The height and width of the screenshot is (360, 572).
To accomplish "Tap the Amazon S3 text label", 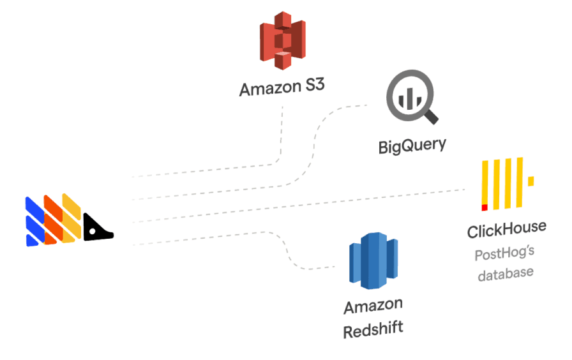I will click(282, 88).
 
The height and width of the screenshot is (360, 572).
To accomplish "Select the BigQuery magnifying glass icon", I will click(409, 97).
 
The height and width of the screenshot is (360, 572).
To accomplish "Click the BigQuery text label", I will click(412, 146).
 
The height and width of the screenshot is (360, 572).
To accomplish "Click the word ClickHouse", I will click(506, 229).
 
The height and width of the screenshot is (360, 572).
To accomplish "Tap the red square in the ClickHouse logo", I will click(485, 207).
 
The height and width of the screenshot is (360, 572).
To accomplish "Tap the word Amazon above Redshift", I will click(373, 307).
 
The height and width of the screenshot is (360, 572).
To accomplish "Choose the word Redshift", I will click(373, 332).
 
